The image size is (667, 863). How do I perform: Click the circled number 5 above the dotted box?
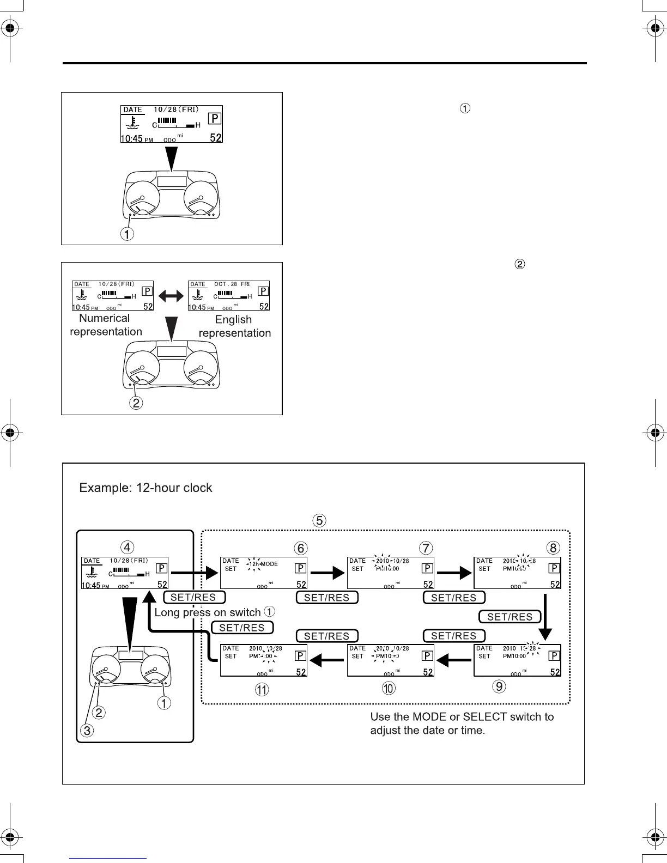pos(319,520)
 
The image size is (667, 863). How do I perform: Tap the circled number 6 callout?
pos(300,548)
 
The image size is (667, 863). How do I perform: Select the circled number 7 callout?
pos(427,548)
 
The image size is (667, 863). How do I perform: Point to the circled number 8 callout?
pos(553,548)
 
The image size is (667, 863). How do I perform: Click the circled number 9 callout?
pos(499,686)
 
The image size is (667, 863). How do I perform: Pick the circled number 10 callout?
pos(388,689)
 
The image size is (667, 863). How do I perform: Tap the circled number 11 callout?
pos(262,690)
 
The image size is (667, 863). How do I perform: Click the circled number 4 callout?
pos(126,546)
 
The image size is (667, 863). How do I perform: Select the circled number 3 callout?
pos(87,731)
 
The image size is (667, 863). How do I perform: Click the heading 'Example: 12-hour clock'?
pos(145,488)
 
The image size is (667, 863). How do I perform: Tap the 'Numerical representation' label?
pos(106,325)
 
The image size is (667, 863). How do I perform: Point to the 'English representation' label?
pos(234,326)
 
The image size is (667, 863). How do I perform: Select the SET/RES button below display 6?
pos(327,598)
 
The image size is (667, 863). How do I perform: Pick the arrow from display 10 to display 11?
pos(326,661)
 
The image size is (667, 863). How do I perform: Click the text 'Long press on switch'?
pos(208,612)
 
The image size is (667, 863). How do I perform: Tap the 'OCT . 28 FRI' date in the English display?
pos(232,284)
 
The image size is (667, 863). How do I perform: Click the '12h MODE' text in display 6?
pos(263,564)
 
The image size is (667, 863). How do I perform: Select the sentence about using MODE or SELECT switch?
pos(462,724)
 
